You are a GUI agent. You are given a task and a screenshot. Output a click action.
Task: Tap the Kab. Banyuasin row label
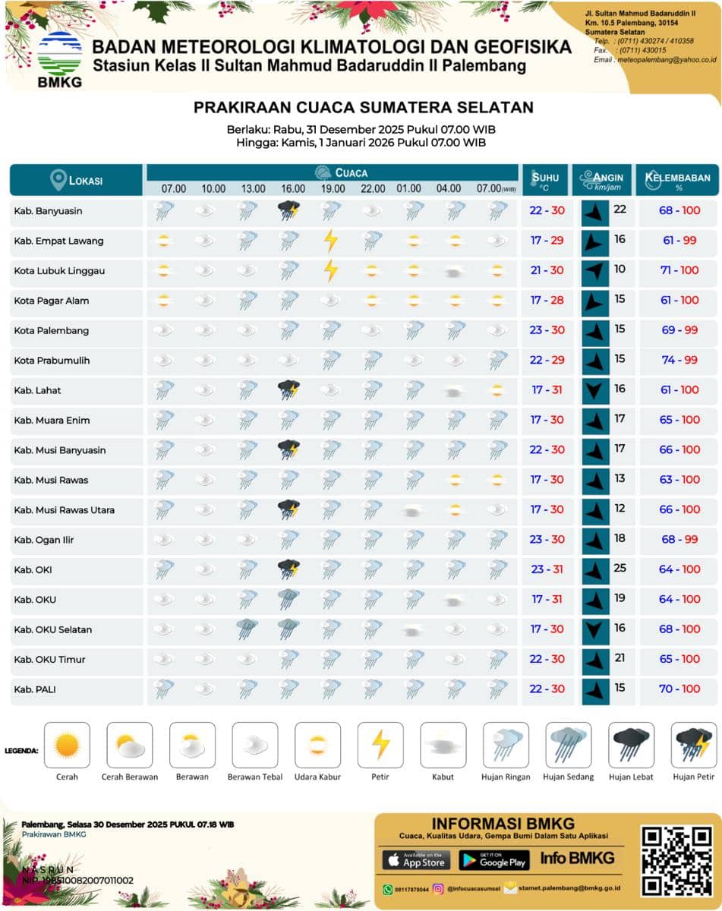click(x=48, y=211)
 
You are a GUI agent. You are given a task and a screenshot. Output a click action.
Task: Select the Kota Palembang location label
click(x=51, y=331)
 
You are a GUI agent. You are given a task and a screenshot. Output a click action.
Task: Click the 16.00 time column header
click(x=293, y=188)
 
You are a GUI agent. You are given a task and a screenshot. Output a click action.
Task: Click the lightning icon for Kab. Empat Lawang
click(x=330, y=241)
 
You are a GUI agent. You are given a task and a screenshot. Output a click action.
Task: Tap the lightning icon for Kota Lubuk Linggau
click(x=330, y=270)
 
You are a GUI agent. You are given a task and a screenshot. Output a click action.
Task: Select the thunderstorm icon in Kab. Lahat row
click(x=288, y=390)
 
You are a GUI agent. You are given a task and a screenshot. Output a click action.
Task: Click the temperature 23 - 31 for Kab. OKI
click(x=547, y=569)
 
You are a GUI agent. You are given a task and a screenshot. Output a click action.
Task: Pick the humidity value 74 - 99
click(x=679, y=360)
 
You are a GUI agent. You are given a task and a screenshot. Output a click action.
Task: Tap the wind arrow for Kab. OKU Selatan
click(x=595, y=629)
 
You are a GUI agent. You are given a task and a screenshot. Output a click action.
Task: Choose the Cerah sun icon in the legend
click(x=67, y=745)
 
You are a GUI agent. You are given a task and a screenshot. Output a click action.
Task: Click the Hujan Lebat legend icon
click(x=631, y=745)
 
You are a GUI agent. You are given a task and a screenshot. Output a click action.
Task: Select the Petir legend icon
click(x=380, y=745)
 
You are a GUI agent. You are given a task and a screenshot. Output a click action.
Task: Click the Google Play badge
click(x=493, y=860)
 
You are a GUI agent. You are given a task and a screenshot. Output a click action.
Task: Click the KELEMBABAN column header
click(x=677, y=179)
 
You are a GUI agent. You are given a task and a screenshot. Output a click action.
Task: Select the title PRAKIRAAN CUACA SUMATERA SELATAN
click(x=363, y=107)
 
